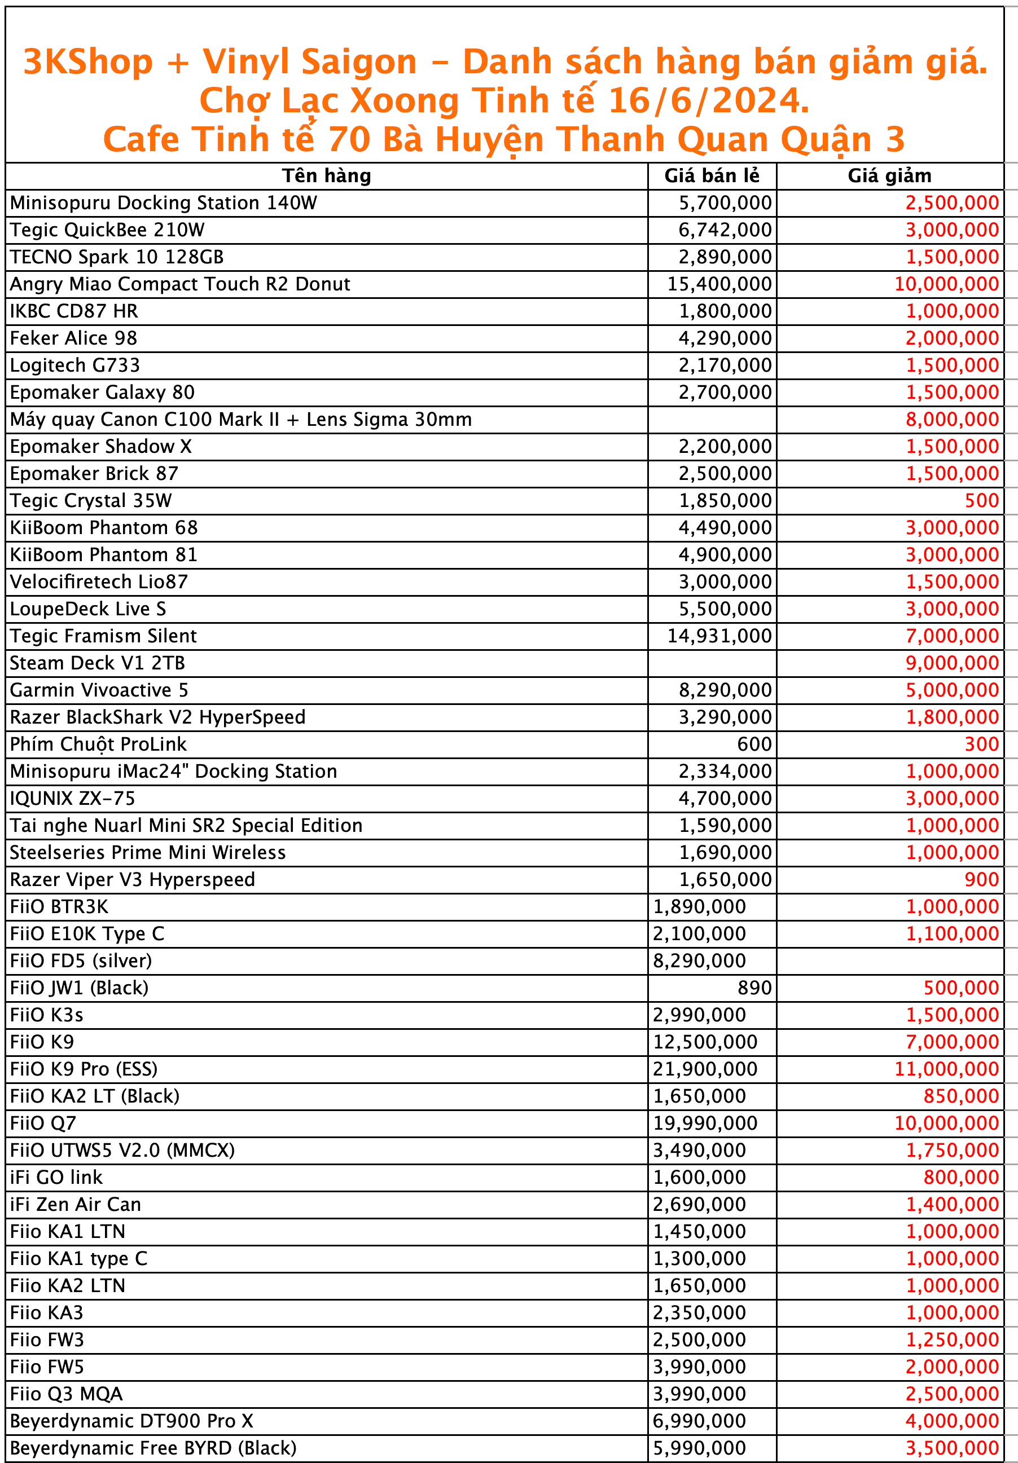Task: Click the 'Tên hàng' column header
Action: pos(326,176)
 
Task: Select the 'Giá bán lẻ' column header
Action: pos(712,176)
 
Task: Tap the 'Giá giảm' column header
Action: pos(889,176)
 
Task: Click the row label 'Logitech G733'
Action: pos(74,365)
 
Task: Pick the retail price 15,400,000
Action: pos(719,284)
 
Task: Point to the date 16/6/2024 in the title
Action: pos(708,101)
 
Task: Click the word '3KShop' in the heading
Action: pos(88,62)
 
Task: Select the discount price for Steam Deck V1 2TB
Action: pos(952,663)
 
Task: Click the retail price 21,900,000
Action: pos(705,1069)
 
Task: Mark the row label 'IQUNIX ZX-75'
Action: pos(73,799)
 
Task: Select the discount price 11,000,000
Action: pos(946,1069)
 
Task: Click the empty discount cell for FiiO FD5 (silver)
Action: pos(889,961)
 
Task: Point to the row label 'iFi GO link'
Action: pos(56,1178)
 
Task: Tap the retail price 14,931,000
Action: pos(719,636)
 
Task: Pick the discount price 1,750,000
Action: pos(952,1150)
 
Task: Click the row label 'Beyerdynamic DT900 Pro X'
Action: pos(131,1421)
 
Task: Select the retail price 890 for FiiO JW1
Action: pos(754,988)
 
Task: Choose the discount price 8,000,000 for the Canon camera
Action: pos(952,419)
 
